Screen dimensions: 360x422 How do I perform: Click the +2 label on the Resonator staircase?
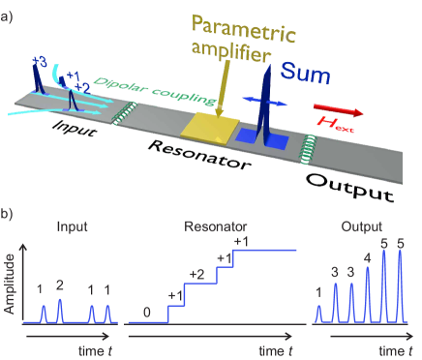tap(198, 274)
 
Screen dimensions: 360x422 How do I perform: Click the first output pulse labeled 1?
tap(320, 312)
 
